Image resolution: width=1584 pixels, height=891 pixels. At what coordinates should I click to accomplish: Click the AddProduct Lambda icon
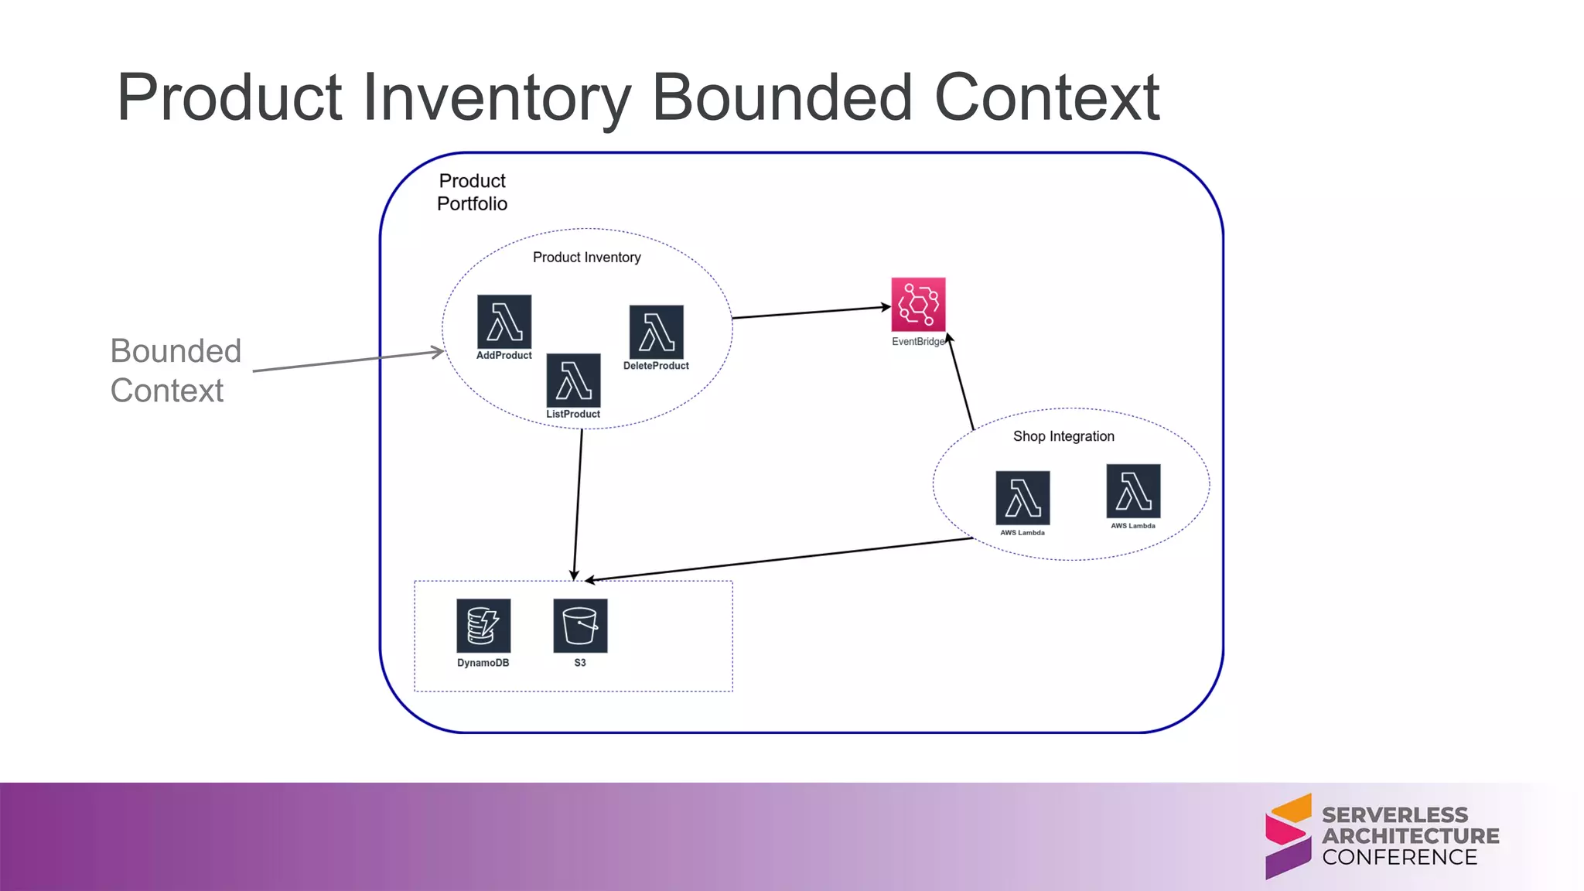[504, 322]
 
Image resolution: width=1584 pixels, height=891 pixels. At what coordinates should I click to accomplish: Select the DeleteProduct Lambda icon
[656, 333]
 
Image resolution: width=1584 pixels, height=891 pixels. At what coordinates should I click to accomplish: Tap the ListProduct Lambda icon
[573, 381]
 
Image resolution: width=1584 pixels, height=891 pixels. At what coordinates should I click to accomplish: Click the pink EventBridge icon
[918, 305]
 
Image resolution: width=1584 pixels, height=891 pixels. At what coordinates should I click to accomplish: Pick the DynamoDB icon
[483, 626]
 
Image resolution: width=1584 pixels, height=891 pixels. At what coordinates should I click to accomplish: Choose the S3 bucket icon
[580, 626]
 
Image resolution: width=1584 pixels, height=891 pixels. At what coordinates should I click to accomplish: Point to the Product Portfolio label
[472, 192]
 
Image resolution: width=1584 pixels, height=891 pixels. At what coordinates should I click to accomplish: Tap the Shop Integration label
[1063, 436]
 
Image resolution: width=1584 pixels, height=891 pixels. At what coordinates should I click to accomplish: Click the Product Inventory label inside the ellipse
[586, 258]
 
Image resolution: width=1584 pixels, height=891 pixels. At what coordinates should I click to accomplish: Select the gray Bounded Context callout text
[176, 370]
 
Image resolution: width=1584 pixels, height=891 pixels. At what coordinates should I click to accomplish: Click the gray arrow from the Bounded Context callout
[348, 361]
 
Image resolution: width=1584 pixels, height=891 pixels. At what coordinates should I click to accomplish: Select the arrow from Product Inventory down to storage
[578, 503]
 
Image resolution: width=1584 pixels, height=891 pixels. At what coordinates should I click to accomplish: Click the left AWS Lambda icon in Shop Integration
[1022, 498]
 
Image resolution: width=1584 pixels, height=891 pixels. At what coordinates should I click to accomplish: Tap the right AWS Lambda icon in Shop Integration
[1133, 491]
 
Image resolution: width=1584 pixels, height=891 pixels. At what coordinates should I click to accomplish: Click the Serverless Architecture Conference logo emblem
[1288, 836]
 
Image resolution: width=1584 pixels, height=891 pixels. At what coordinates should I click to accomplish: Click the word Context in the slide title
[1046, 98]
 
